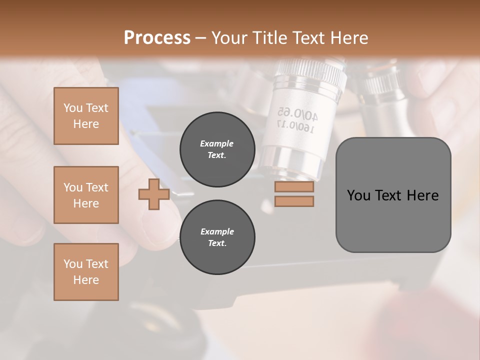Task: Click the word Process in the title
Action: pyautogui.click(x=157, y=37)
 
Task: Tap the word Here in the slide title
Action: pyautogui.click(x=349, y=38)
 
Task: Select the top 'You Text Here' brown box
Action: pyautogui.click(x=86, y=116)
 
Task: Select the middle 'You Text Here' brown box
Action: pyautogui.click(x=86, y=195)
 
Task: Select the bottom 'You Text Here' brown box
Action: pyautogui.click(x=86, y=271)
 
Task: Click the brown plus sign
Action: pyautogui.click(x=154, y=194)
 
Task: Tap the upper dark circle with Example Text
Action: pyautogui.click(x=217, y=149)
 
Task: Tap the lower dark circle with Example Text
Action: pyautogui.click(x=217, y=237)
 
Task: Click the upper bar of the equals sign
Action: pyautogui.click(x=294, y=187)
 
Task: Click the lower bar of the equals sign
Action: pyautogui.click(x=294, y=201)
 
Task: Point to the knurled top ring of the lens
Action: pyautogui.click(x=310, y=70)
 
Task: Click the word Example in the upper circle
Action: pyautogui.click(x=217, y=143)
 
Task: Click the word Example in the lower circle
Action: pyautogui.click(x=217, y=231)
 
